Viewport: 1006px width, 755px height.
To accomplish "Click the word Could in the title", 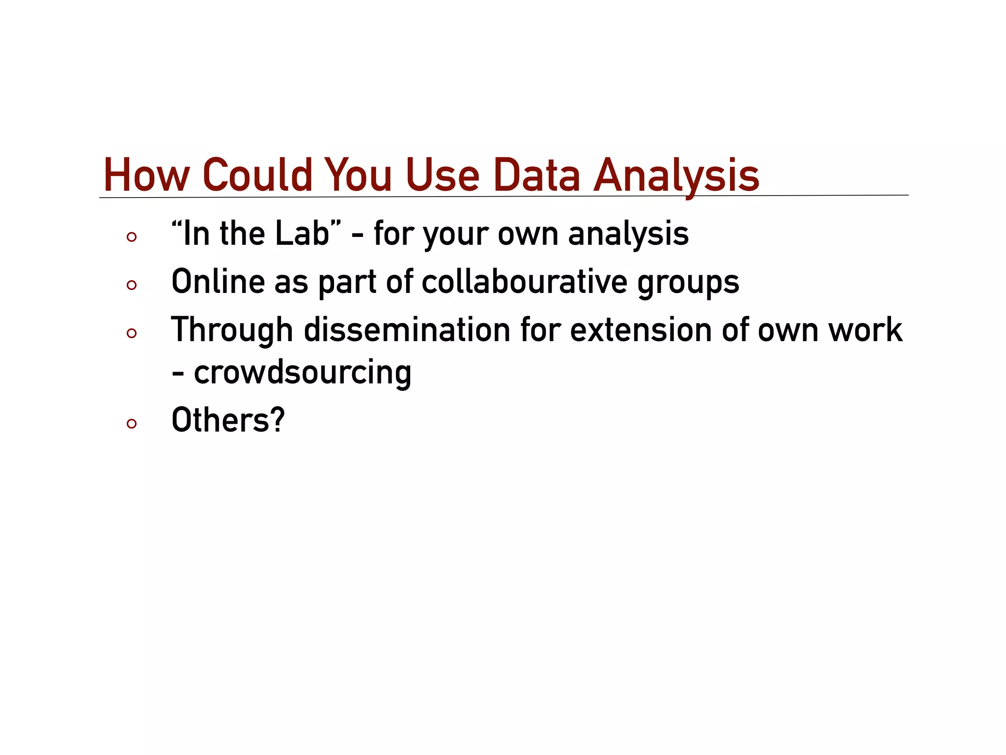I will (257, 175).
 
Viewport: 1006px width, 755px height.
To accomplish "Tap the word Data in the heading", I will (536, 175).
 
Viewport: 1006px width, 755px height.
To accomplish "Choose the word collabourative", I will (524, 282).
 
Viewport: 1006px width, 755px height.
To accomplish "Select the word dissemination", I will (407, 330).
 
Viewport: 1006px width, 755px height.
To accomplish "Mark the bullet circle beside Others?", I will (131, 423).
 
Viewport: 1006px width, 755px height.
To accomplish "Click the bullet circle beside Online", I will (131, 285).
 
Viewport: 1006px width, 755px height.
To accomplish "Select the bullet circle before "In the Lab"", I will (131, 237).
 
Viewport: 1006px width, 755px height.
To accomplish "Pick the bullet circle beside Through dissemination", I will (131, 333).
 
